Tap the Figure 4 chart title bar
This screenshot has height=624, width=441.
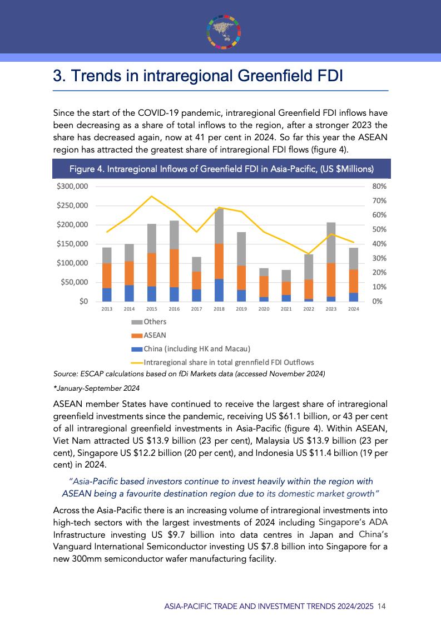221,169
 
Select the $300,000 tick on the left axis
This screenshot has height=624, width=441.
72,186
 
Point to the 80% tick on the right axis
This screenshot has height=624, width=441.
371,186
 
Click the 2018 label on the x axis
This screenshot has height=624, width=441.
219,309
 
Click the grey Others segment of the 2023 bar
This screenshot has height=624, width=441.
331,243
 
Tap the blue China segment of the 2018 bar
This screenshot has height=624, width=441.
219,290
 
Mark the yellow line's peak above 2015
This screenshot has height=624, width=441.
152,196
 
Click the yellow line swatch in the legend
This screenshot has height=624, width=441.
137,362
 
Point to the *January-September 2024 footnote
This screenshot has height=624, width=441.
96,388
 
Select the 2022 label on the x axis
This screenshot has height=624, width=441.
309,309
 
